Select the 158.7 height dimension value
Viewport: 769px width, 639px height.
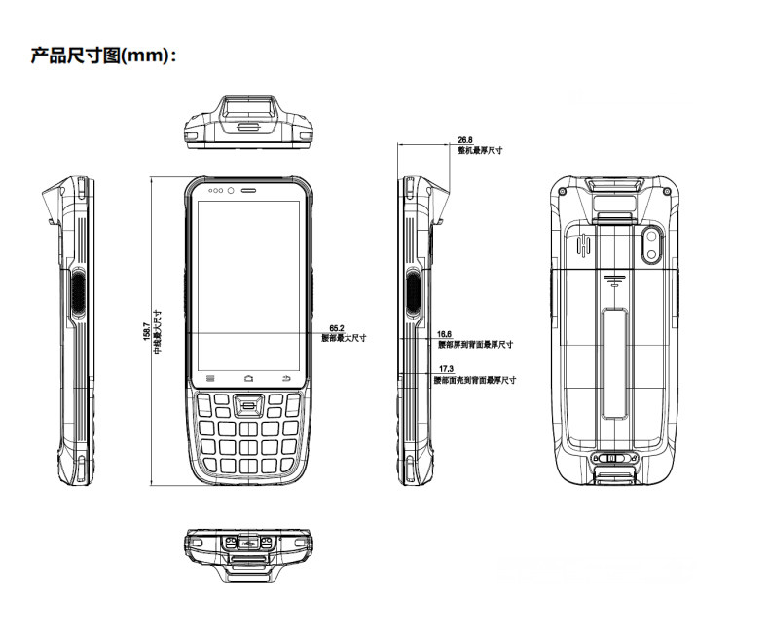[x=147, y=331]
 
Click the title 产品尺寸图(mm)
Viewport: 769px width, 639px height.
[x=104, y=56]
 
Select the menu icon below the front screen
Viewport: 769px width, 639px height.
[x=209, y=377]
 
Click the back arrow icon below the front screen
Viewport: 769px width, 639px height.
[x=286, y=377]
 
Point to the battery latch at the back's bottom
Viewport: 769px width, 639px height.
[x=612, y=457]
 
